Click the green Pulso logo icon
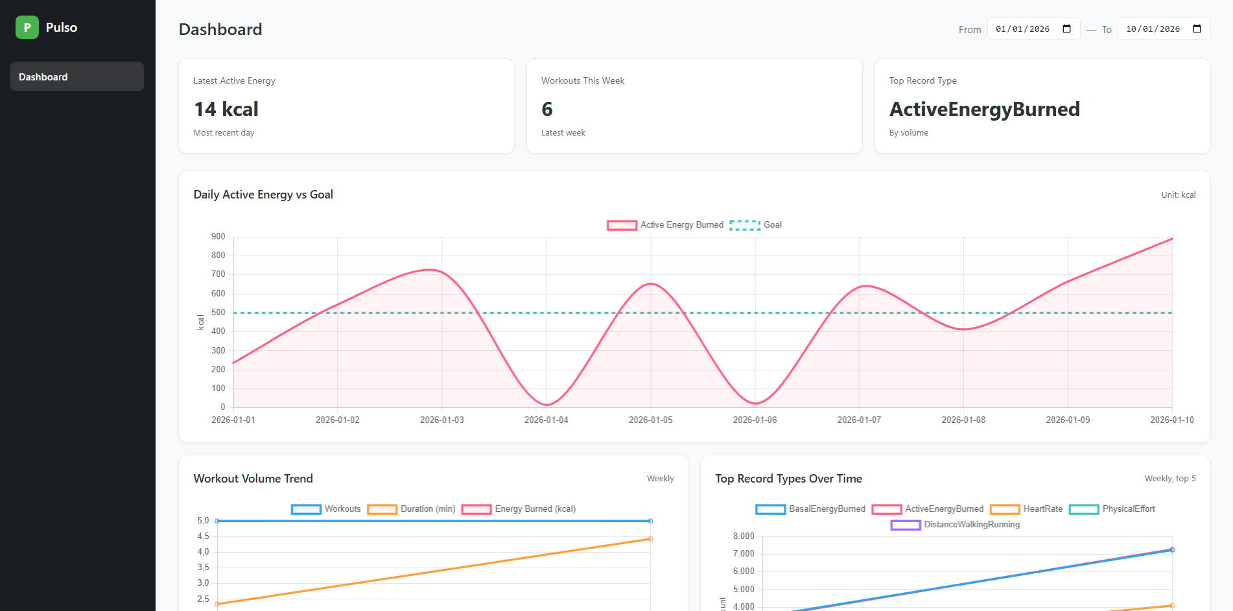click(x=27, y=27)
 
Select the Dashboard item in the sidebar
click(x=76, y=77)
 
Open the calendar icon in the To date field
click(x=1197, y=29)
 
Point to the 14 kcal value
click(x=226, y=109)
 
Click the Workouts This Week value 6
click(x=547, y=109)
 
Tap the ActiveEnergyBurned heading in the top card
click(x=984, y=109)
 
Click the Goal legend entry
click(x=756, y=225)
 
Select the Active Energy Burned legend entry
click(x=665, y=225)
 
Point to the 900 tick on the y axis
click(x=218, y=237)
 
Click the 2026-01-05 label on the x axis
click(x=650, y=420)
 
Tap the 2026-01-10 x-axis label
click(x=1171, y=420)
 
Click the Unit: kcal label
click(x=1178, y=195)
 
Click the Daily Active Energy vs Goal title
click(x=263, y=195)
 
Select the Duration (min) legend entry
click(x=412, y=509)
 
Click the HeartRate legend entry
click(x=1027, y=509)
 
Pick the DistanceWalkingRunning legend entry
click(x=956, y=525)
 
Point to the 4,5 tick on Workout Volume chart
click(x=203, y=536)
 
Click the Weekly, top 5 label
click(x=1169, y=479)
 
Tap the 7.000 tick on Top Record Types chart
click(x=744, y=554)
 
